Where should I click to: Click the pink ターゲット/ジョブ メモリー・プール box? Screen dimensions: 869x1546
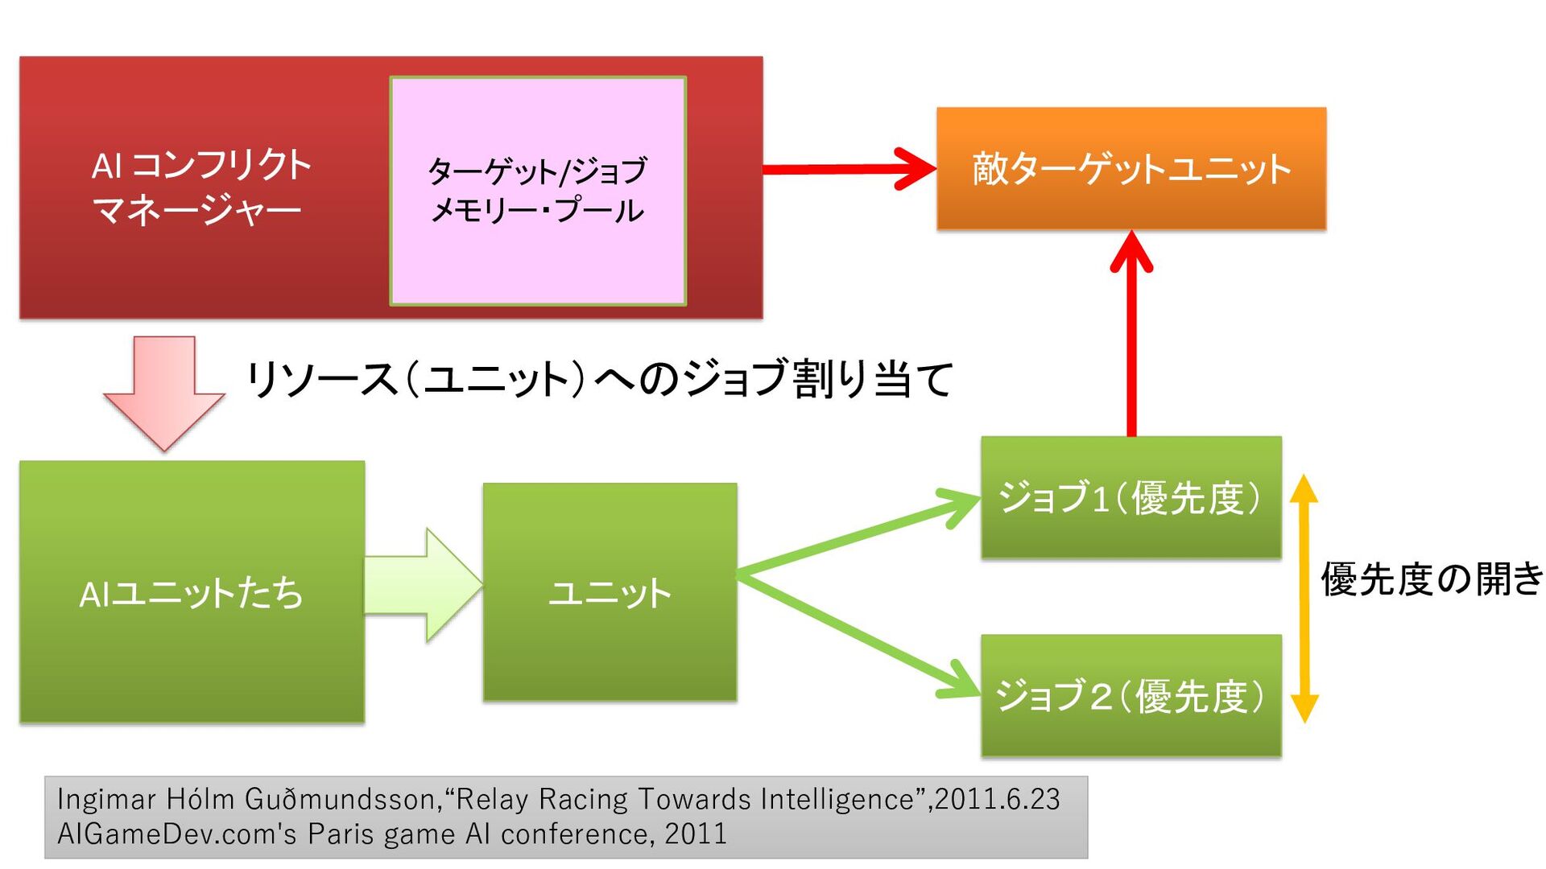(x=538, y=192)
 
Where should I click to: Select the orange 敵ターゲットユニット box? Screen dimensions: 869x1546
(x=1131, y=169)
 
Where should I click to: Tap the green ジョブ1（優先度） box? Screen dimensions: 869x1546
(x=1131, y=497)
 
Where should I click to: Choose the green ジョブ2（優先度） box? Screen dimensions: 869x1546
(x=1131, y=695)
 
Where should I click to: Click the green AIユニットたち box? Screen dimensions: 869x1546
(x=192, y=592)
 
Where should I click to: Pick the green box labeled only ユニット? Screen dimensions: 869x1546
(x=610, y=592)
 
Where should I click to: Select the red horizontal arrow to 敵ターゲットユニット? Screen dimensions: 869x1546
(x=845, y=169)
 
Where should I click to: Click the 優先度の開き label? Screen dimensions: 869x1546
(x=1432, y=579)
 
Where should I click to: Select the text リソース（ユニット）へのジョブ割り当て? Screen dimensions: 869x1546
(x=599, y=379)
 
